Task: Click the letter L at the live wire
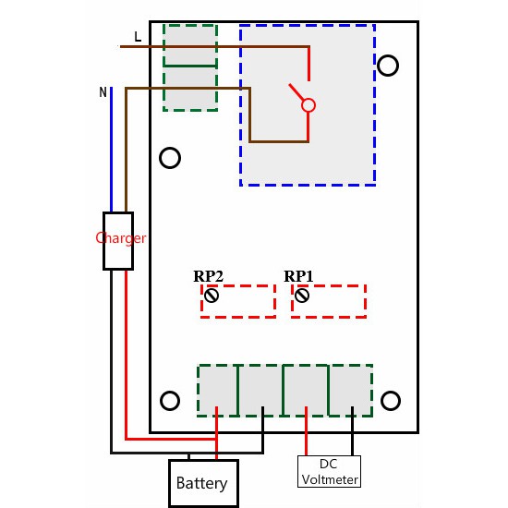[x=138, y=37]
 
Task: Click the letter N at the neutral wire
[x=103, y=92]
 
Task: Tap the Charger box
[x=118, y=240]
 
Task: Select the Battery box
[x=201, y=483]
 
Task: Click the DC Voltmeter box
[x=330, y=471]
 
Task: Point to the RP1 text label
[x=298, y=276]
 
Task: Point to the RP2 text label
[x=208, y=276]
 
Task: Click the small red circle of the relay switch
[x=309, y=105]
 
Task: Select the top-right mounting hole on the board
[x=389, y=65]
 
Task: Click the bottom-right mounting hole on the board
[x=391, y=400]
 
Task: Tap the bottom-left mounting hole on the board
[x=170, y=400]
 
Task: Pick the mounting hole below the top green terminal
[x=170, y=158]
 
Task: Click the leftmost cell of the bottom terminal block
[x=218, y=389]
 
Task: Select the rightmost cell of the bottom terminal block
[x=351, y=389]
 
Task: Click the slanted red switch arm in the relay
[x=296, y=94]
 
